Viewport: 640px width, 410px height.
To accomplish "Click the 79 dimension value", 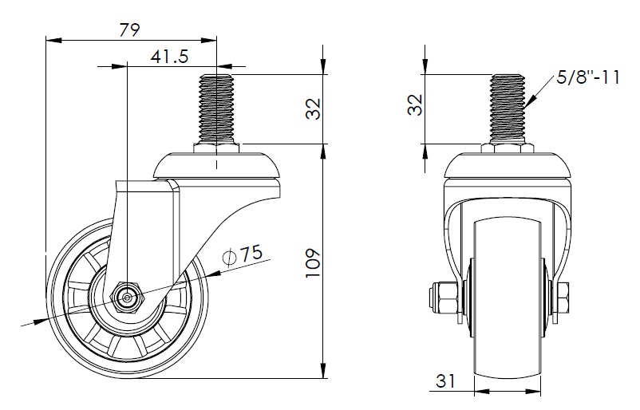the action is tap(129, 30).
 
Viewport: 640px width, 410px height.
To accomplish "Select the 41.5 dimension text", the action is tap(169, 57).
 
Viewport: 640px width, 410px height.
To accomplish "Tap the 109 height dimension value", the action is tap(314, 263).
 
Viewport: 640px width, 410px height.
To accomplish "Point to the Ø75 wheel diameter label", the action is tap(242, 255).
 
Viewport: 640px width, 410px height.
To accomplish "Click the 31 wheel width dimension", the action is tap(445, 380).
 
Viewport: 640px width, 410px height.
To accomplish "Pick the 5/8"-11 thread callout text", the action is tap(588, 77).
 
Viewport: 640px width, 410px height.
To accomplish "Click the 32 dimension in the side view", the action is tap(314, 108).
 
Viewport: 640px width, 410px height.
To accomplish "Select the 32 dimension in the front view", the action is tap(416, 104).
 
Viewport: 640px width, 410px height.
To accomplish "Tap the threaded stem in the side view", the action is tap(216, 108).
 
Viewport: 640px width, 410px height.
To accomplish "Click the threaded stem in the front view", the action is tap(508, 108).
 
